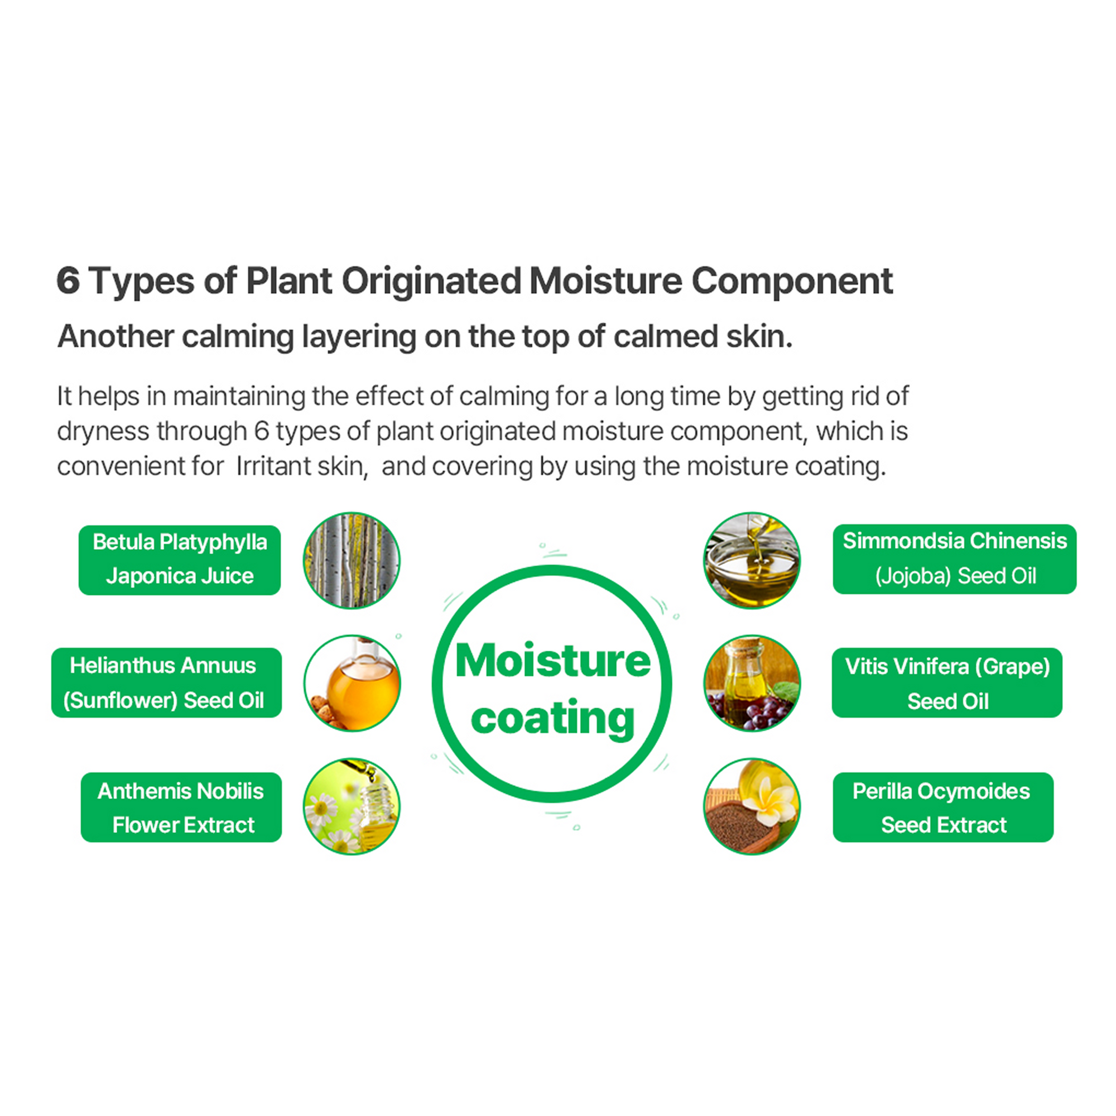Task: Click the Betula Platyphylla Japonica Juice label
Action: (x=180, y=560)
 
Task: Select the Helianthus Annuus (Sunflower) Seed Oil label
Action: (x=166, y=683)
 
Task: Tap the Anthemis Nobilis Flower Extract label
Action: (x=181, y=807)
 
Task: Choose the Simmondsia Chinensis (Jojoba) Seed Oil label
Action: (x=954, y=559)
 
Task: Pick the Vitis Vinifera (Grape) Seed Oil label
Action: (x=947, y=683)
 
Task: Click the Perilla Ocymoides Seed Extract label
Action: (x=942, y=807)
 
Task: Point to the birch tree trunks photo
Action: (x=352, y=560)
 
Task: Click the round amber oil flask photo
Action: (x=352, y=683)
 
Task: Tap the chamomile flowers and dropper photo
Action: (x=352, y=806)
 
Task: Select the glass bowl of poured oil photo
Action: (x=752, y=560)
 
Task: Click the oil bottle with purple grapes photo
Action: (x=752, y=683)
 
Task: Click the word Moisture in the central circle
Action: (x=553, y=661)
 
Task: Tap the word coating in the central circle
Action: (x=553, y=719)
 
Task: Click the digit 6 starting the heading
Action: (x=68, y=281)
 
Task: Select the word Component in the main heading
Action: (x=792, y=281)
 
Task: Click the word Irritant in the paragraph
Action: (x=272, y=466)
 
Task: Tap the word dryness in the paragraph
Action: (x=103, y=431)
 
